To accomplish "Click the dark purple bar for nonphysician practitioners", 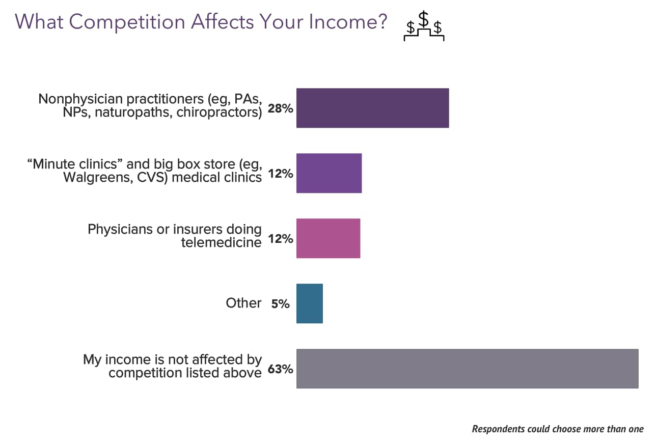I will click(x=372, y=108).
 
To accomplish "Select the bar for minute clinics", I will click(x=329, y=173).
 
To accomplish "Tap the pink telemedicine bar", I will click(x=328, y=238).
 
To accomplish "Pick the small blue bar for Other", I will click(x=310, y=303).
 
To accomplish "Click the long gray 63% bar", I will click(x=467, y=369).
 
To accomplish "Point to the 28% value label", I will click(x=280, y=108).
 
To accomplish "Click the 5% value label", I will click(x=280, y=304).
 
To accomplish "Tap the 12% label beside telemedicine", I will click(x=280, y=239).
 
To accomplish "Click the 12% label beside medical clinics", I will click(x=280, y=174).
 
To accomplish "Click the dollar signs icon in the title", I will click(x=424, y=27).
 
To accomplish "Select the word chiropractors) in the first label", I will click(x=220, y=112).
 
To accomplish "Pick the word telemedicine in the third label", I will click(x=221, y=242).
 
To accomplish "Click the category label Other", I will click(x=243, y=303).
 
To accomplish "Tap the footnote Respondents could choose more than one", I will click(x=558, y=429).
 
